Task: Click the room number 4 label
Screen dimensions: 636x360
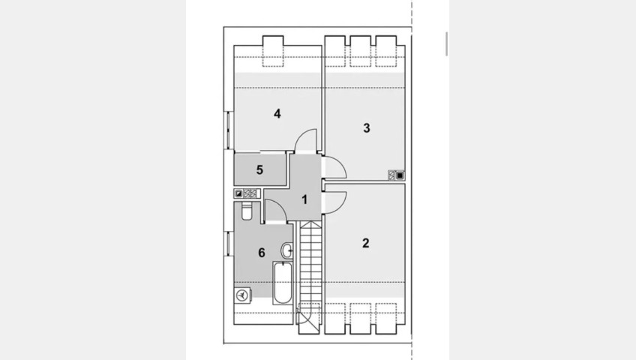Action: (277, 114)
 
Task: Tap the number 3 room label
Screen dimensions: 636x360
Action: (366, 128)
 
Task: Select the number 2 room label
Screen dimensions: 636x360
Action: (366, 243)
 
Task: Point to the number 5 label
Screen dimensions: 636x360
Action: (259, 169)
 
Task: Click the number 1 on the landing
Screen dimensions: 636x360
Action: (304, 199)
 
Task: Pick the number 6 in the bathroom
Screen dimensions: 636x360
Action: (262, 253)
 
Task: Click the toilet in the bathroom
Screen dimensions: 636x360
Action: (247, 211)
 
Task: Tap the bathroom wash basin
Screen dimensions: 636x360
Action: (287, 250)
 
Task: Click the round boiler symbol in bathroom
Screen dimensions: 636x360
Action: (242, 295)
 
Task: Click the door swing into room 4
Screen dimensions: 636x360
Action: (305, 140)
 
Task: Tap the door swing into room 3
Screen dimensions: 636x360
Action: (334, 167)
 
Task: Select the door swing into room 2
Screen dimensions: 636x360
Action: (334, 202)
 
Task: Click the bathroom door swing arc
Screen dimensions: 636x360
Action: (275, 211)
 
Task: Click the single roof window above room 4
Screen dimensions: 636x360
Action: (273, 52)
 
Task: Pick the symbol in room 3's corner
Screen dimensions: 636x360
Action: (397, 175)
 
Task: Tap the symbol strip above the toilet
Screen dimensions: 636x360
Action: (246, 193)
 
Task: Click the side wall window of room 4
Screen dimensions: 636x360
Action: (229, 130)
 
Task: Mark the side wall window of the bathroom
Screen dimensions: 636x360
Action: (229, 244)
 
